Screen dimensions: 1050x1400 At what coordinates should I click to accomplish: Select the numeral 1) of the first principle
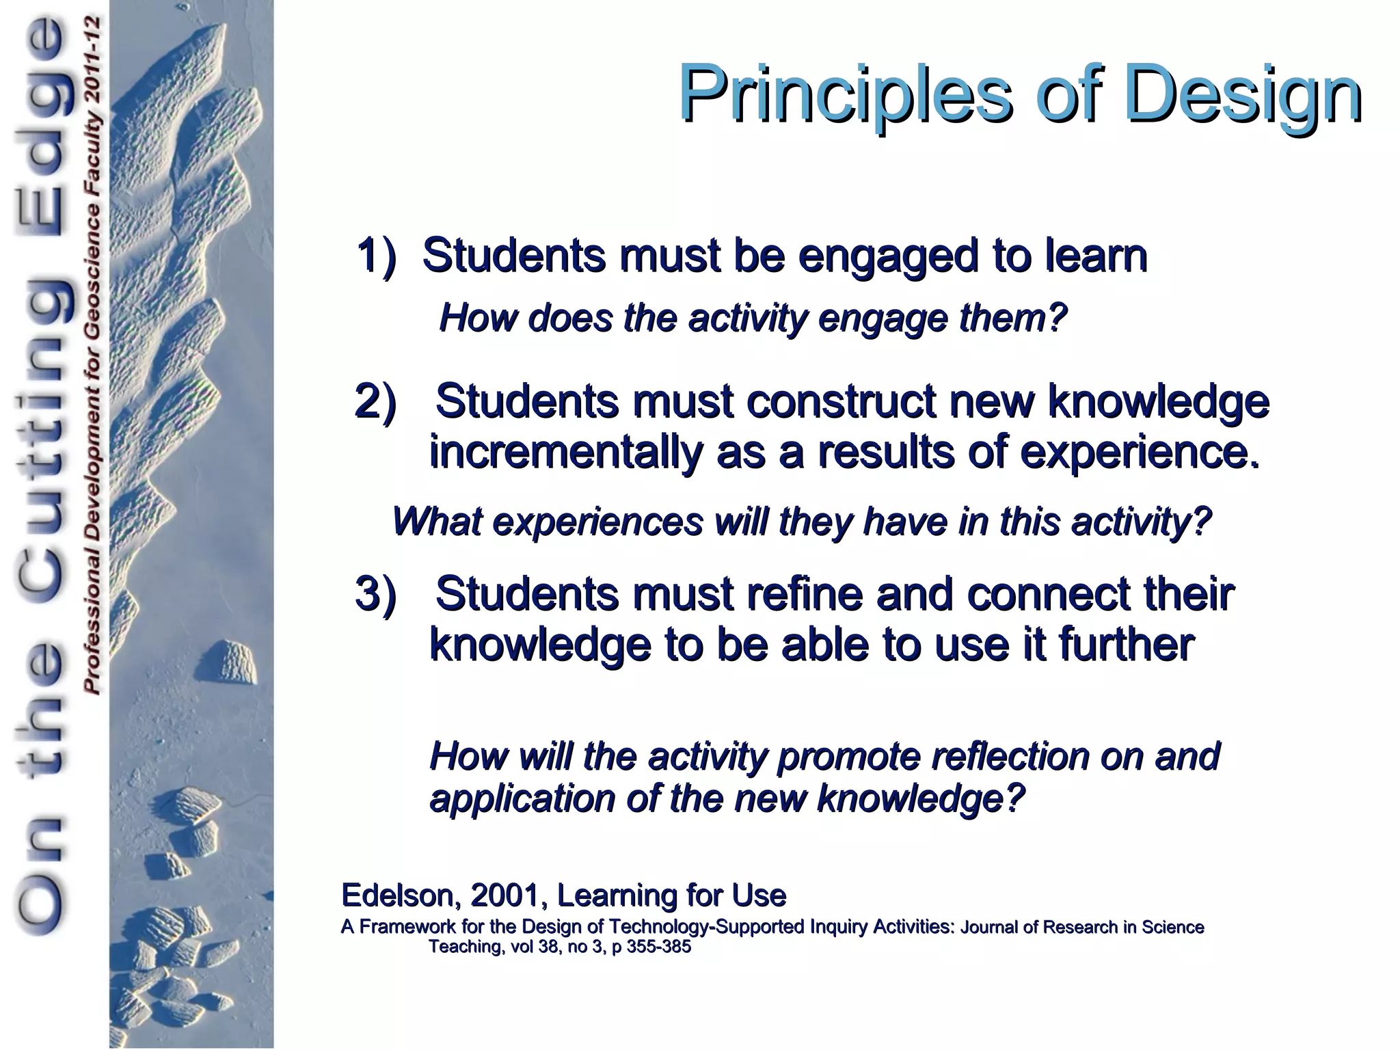[x=376, y=256]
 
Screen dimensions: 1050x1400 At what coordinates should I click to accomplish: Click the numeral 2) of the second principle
[x=376, y=401]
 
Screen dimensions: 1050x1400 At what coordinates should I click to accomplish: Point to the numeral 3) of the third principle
[x=376, y=593]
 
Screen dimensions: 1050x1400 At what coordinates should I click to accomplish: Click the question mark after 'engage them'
[x=1058, y=318]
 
